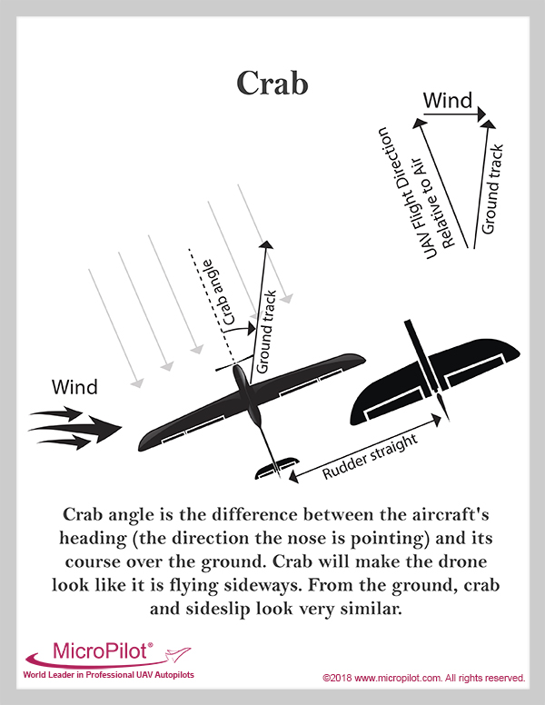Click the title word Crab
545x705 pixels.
click(272, 83)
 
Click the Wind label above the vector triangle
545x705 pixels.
click(448, 101)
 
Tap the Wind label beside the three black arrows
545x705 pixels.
click(74, 388)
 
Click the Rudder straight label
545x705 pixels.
click(371, 455)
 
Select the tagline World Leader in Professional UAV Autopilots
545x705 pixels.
click(108, 675)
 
